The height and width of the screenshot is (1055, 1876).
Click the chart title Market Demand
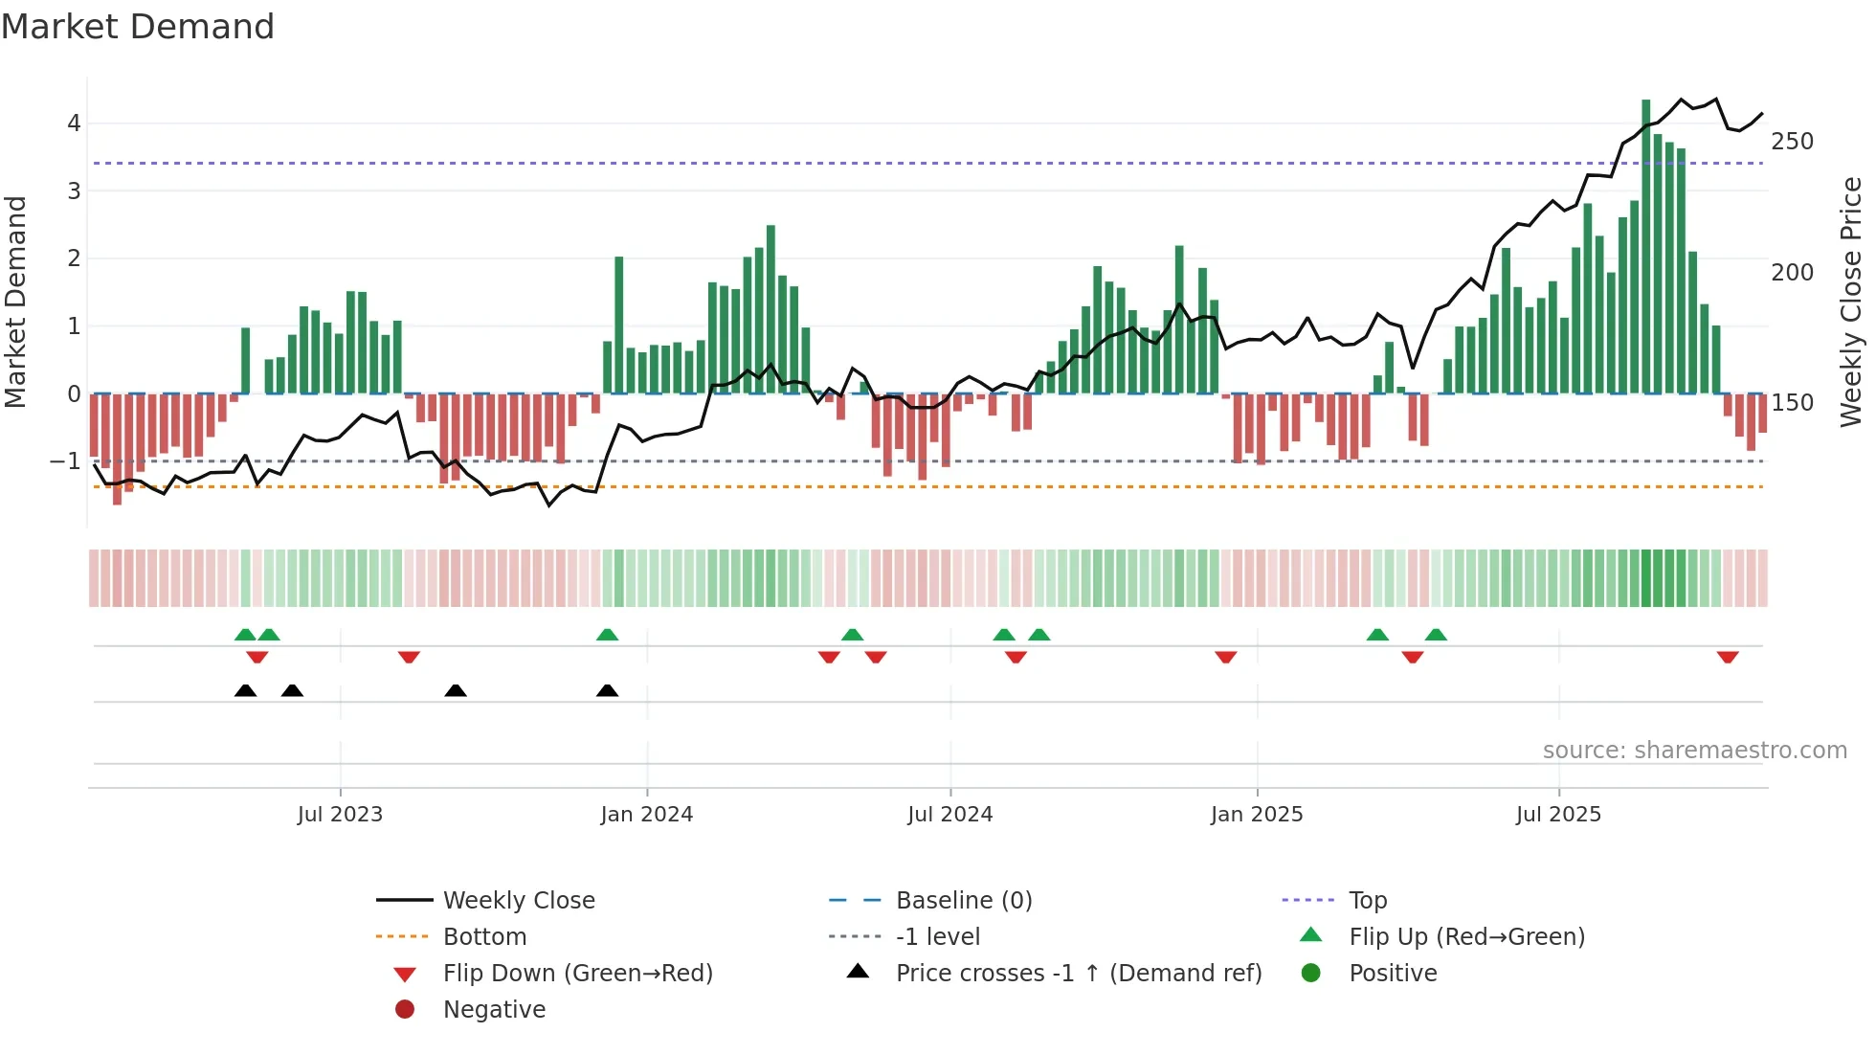tap(138, 27)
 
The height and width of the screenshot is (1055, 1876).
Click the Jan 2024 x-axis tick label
tap(646, 815)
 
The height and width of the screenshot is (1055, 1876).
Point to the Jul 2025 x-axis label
tap(1557, 815)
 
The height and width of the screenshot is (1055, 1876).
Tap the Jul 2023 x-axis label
tap(340, 815)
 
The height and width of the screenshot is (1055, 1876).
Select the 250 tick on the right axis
tap(1792, 142)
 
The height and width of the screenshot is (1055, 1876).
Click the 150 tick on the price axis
tap(1792, 403)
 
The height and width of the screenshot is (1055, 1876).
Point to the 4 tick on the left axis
tap(74, 123)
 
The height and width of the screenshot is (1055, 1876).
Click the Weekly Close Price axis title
tap(1851, 302)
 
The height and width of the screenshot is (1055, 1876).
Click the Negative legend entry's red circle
tap(405, 1010)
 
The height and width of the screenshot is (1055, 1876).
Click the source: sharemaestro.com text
tap(1694, 751)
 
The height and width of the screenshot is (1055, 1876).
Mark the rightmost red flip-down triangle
tap(1727, 657)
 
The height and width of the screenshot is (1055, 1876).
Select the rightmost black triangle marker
tap(607, 690)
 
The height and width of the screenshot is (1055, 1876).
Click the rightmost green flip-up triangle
tap(1435, 635)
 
